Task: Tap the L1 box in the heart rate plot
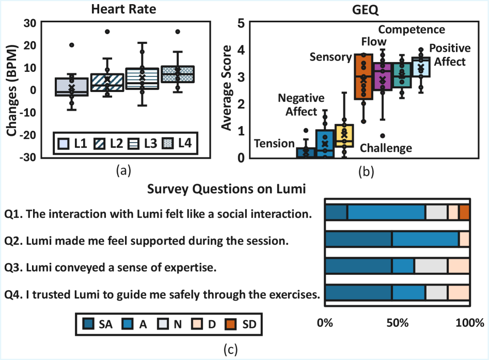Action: pos(71,87)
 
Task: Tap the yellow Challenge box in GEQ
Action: pos(344,135)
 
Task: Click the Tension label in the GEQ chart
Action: pos(275,144)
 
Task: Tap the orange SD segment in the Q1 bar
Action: pos(464,212)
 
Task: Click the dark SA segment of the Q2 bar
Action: pos(358,239)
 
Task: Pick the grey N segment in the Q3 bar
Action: pos(431,265)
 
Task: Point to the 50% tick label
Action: pos(397,323)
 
